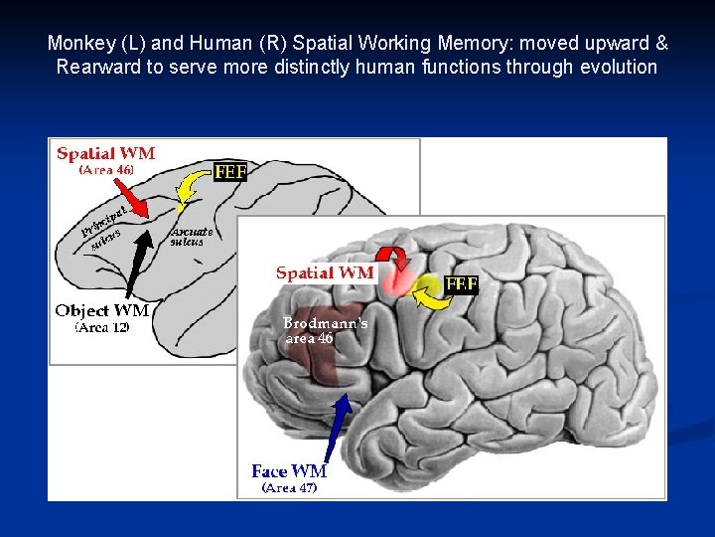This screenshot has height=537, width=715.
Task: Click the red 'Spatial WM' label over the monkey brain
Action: click(105, 154)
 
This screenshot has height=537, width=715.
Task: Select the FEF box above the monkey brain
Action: click(230, 172)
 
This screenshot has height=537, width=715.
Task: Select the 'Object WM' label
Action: click(101, 310)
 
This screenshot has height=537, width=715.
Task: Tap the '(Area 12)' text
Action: click(102, 327)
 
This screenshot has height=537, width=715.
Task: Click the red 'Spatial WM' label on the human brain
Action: click(325, 272)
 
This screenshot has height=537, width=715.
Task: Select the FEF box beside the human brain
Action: click(462, 283)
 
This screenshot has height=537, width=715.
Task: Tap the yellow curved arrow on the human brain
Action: click(429, 289)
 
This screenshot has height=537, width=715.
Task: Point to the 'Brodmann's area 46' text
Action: click(324, 330)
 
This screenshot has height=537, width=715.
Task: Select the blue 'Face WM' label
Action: click(289, 471)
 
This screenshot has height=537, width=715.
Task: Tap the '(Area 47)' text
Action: click(289, 487)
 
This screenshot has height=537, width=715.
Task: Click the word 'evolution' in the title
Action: click(621, 68)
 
